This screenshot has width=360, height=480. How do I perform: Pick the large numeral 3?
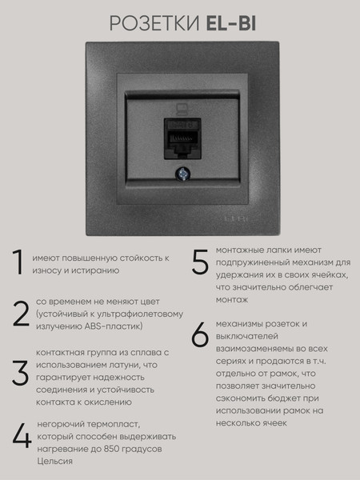pyautogui.click(x=19, y=374)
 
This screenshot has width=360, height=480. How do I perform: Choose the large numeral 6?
pyautogui.click(x=199, y=336)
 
